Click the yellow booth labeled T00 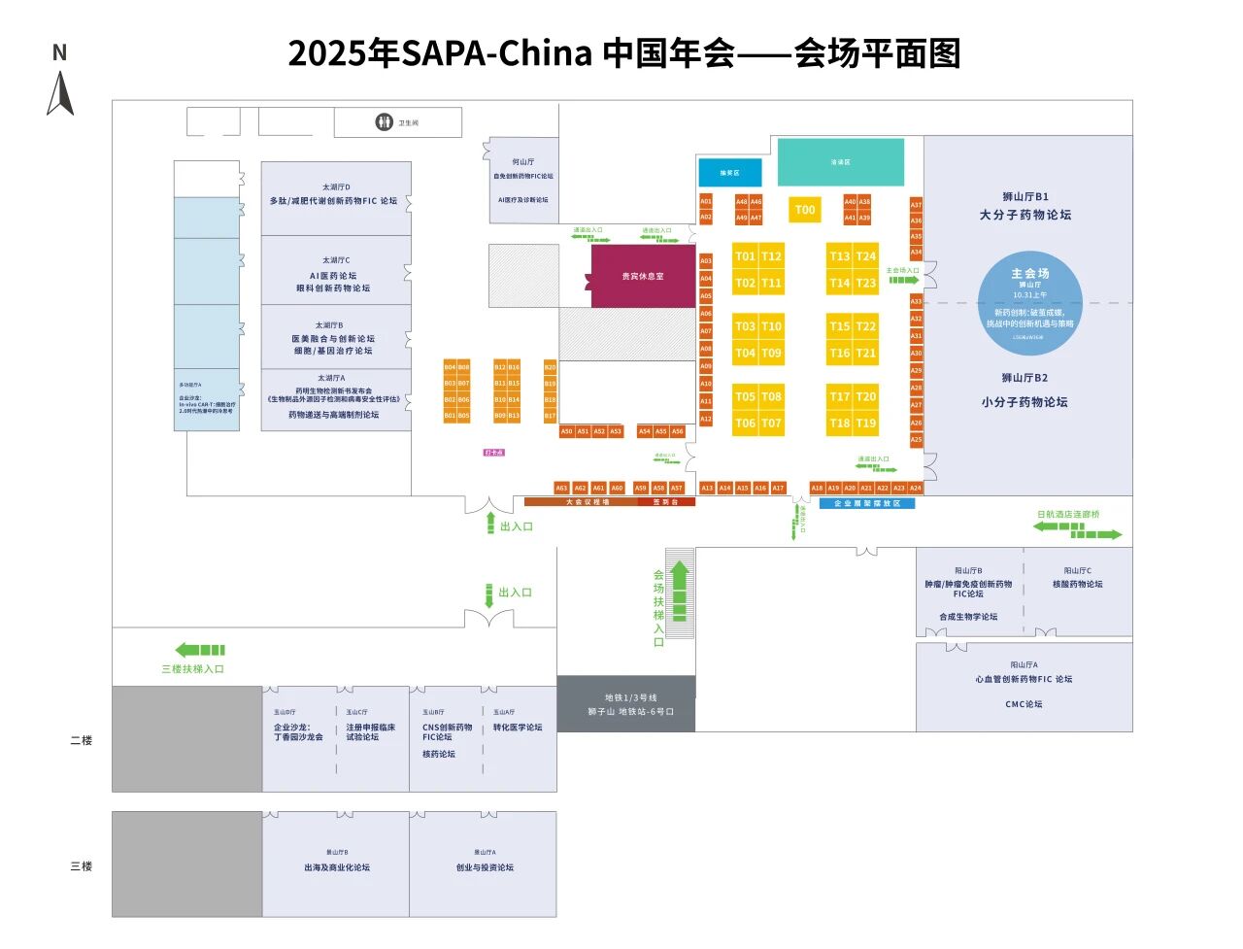(804, 210)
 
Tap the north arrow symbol (60, 94)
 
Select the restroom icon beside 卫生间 (384, 122)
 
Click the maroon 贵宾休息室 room (642, 277)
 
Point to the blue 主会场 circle (1029, 305)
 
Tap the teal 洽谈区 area (840, 162)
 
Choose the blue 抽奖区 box (729, 173)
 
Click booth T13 (840, 256)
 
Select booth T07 (771, 424)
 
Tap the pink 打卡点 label (494, 453)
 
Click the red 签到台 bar (666, 502)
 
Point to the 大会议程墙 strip (588, 502)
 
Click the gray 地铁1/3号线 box (626, 704)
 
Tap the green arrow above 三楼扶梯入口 (200, 650)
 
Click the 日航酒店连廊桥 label (1068, 515)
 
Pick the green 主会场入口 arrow (904, 280)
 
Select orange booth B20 (550, 367)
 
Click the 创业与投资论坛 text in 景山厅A (485, 867)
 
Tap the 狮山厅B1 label (1025, 196)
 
